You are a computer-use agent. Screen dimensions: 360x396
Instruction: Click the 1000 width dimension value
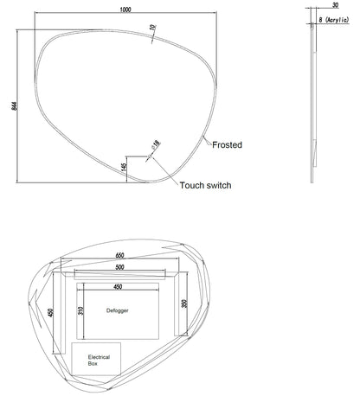pyautogui.click(x=125, y=10)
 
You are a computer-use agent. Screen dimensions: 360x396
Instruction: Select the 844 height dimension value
pyautogui.click(x=14, y=105)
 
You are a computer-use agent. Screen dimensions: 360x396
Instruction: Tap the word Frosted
pyautogui.click(x=227, y=145)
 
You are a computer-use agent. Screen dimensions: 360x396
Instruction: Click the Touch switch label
pyautogui.click(x=205, y=185)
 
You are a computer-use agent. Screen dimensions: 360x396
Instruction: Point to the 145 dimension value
pyautogui.click(x=124, y=168)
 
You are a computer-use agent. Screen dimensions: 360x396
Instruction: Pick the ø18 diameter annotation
pyautogui.click(x=155, y=144)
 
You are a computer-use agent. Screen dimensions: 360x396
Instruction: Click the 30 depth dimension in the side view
pyautogui.click(x=335, y=5)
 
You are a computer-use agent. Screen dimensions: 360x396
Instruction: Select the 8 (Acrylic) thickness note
pyautogui.click(x=334, y=20)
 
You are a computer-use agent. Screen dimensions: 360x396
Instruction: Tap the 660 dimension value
pyautogui.click(x=119, y=255)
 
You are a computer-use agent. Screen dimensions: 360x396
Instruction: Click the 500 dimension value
pyautogui.click(x=119, y=267)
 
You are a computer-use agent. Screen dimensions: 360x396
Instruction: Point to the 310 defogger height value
pyautogui.click(x=80, y=310)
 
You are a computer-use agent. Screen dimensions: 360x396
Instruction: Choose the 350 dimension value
pyautogui.click(x=184, y=303)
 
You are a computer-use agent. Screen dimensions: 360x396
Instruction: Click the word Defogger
pyautogui.click(x=118, y=310)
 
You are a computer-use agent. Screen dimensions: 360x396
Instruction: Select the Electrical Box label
pyautogui.click(x=99, y=361)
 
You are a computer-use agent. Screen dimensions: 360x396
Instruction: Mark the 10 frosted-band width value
pyautogui.click(x=152, y=28)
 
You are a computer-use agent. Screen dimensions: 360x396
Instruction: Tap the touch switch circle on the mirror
pyautogui.click(x=150, y=156)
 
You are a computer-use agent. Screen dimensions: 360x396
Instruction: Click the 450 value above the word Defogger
pyautogui.click(x=118, y=287)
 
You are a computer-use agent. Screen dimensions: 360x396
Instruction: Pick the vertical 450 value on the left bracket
pyautogui.click(x=50, y=313)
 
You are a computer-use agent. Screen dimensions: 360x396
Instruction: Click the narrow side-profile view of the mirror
pyautogui.click(x=313, y=102)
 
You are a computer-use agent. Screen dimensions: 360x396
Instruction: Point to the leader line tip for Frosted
pyautogui.click(x=203, y=136)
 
